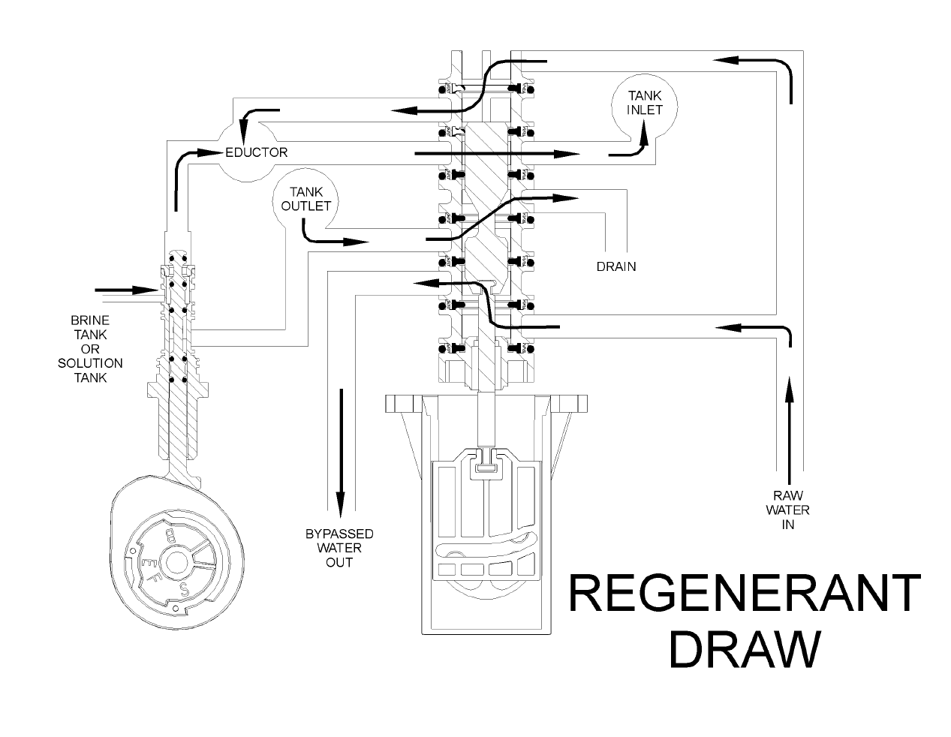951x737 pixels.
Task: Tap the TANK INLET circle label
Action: pyautogui.click(x=645, y=102)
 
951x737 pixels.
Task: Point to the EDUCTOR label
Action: pyautogui.click(x=257, y=152)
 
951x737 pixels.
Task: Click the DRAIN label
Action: pyautogui.click(x=615, y=266)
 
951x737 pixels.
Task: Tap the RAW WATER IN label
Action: pyautogui.click(x=787, y=510)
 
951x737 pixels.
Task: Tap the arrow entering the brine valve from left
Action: pyautogui.click(x=123, y=290)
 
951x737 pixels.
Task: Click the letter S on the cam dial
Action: pyautogui.click(x=185, y=585)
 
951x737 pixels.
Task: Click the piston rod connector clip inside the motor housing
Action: pyautogui.click(x=486, y=467)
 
